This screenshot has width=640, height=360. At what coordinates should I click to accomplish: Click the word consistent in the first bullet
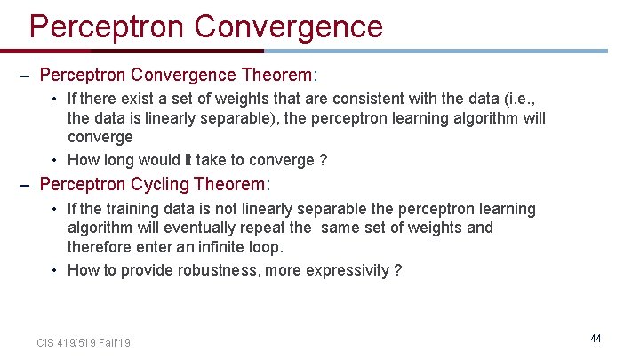pos(352,100)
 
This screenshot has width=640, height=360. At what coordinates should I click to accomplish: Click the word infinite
pos(223,246)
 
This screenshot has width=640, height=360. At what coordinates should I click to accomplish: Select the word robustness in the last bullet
pos(222,270)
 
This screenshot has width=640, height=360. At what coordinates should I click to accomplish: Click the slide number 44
pos(596,339)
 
